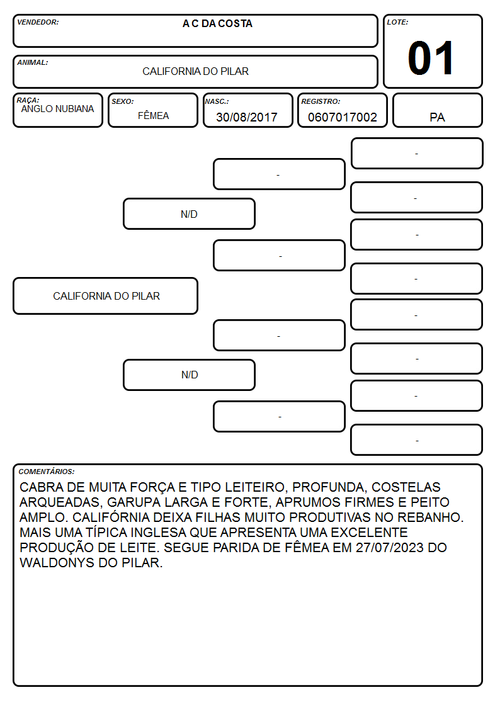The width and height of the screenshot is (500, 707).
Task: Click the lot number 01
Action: pos(431,58)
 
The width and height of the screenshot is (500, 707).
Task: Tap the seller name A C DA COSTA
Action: pos(217,24)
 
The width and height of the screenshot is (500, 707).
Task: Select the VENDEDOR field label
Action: pos(38,22)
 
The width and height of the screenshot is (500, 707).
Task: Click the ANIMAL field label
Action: pos(33,63)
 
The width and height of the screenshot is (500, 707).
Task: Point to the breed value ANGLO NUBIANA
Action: pos(58,109)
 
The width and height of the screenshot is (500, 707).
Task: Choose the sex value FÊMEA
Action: pos(153,116)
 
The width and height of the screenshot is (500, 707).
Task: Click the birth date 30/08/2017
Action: pos(247,117)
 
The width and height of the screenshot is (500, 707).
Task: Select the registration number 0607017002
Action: pos(342,117)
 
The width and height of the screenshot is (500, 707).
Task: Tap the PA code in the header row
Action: pos(437,118)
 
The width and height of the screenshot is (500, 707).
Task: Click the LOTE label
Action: pos(397,22)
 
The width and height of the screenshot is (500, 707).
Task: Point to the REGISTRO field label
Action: pos(321,102)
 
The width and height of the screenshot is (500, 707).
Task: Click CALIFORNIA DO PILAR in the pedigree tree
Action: pos(106,297)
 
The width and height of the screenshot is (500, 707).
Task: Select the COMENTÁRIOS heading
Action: pos(47,472)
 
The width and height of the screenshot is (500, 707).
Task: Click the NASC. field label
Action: pos(217,102)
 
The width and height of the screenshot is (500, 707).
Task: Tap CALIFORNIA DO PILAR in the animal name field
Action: pos(196,72)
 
